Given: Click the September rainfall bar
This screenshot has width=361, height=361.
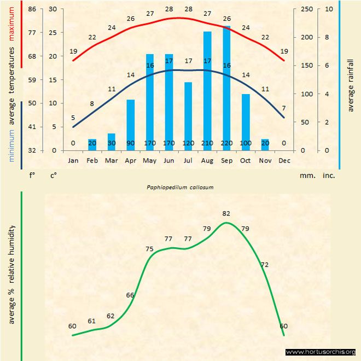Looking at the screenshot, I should pyautogui.click(x=226, y=88).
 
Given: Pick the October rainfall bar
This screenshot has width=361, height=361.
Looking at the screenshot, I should pyautogui.click(x=246, y=122).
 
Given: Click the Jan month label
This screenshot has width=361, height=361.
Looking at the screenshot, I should pyautogui.click(x=73, y=161).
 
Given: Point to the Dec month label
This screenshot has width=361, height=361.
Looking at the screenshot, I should pyautogui.click(x=284, y=161).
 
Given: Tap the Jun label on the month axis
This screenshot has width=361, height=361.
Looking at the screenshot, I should pyautogui.click(x=169, y=161).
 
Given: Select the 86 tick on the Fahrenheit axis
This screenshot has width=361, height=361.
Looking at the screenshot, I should pyautogui.click(x=32, y=9).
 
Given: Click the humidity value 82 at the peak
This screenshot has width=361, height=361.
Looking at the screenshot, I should pyautogui.click(x=226, y=213).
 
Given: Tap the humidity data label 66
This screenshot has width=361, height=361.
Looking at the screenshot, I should pyautogui.click(x=130, y=295).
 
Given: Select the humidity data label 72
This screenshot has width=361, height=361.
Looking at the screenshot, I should pyautogui.click(x=265, y=265).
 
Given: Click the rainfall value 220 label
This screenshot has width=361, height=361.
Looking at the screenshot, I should pyautogui.click(x=226, y=143).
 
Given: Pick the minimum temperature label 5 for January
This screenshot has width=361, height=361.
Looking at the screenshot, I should pyautogui.click(x=73, y=118).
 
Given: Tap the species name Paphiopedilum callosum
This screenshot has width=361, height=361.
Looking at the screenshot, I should pyautogui.click(x=180, y=187).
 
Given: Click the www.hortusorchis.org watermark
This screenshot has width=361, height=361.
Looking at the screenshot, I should pyautogui.click(x=321, y=352).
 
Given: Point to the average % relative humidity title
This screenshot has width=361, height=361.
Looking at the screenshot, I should pyautogui.click(x=11, y=273).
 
